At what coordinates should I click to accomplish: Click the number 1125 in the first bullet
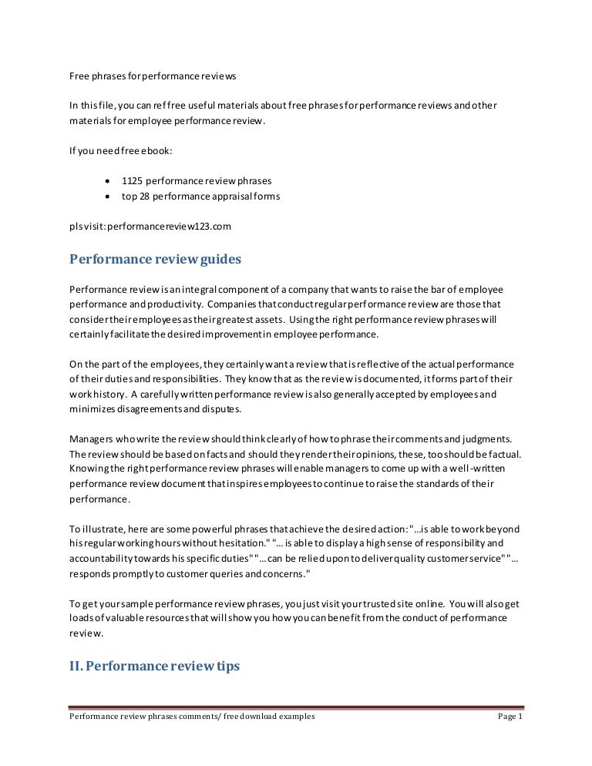132,181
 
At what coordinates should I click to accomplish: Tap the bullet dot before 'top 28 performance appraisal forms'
106,197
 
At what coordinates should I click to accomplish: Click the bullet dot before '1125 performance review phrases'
106,181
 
